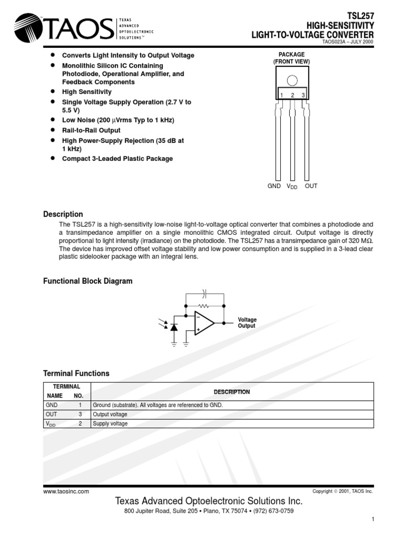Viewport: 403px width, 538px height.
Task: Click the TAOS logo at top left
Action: (x=63, y=27)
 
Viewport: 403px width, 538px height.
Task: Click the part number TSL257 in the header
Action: (x=362, y=16)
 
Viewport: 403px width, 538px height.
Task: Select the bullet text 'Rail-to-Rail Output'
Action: (x=91, y=130)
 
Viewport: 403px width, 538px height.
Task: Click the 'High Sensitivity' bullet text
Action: (x=87, y=92)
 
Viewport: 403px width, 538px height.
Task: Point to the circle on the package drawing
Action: (x=292, y=80)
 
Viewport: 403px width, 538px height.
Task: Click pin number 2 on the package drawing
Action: (x=292, y=95)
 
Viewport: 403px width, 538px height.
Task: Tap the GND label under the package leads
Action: (x=274, y=186)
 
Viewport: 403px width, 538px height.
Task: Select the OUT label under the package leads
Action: (x=311, y=186)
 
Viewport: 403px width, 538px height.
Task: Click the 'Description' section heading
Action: (x=62, y=214)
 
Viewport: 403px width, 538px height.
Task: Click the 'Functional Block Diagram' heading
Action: (x=87, y=281)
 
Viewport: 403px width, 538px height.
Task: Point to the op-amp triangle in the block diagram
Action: (x=204, y=323)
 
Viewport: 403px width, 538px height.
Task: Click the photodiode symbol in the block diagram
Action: (x=174, y=327)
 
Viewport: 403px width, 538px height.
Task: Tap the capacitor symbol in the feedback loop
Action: (x=205, y=293)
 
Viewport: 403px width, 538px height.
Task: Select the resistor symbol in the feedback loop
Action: (x=205, y=305)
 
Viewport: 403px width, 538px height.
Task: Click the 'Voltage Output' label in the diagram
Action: (x=247, y=323)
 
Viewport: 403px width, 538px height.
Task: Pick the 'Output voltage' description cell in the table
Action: (x=110, y=415)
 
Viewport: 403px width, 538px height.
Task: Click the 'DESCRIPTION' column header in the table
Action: (x=231, y=392)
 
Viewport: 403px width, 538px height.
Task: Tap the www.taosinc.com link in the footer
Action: (x=66, y=491)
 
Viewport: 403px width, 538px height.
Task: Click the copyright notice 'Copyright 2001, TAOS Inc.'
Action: (x=342, y=491)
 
